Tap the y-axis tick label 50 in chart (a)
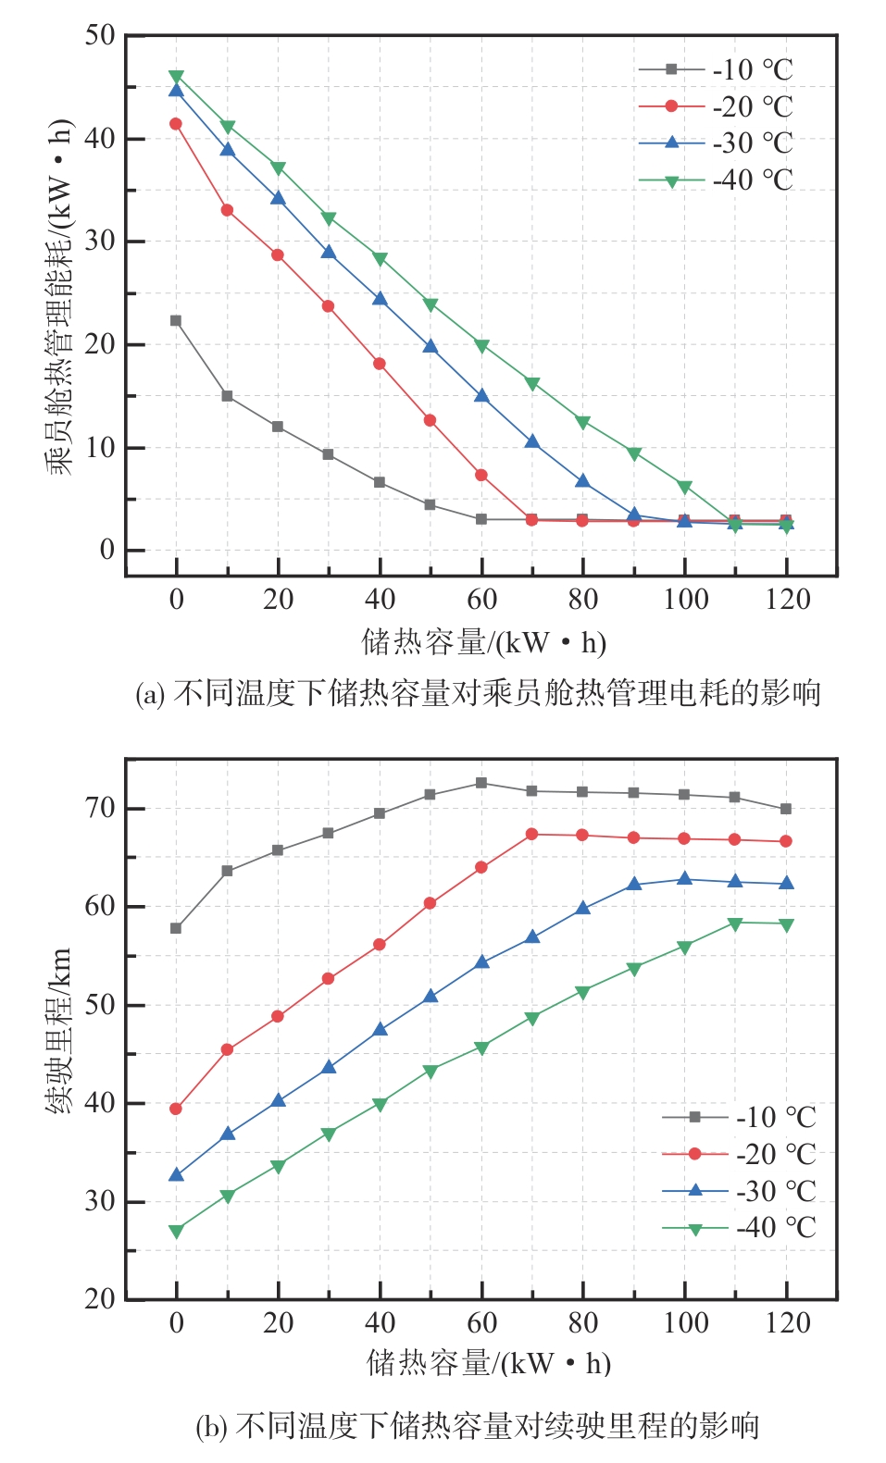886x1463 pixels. click(100, 36)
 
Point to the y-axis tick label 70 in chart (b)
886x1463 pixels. click(100, 808)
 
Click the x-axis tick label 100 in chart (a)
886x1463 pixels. click(685, 600)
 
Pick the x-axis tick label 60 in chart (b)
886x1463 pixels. click(481, 1322)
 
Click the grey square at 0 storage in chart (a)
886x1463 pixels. click(176, 321)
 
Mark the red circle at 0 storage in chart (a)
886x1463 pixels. click(176, 124)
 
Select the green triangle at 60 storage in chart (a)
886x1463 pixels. click(481, 345)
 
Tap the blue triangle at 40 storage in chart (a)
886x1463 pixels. click(380, 299)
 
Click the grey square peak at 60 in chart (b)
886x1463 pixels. click(481, 783)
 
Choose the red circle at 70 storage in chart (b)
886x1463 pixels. click(531, 834)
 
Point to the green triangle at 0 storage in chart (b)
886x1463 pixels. click(176, 1231)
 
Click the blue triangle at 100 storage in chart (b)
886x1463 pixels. click(685, 878)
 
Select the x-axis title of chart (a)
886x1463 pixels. click(483, 641)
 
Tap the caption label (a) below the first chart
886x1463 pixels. click(149, 694)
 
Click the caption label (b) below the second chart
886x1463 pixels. click(211, 1426)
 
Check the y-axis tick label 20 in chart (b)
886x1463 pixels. click(100, 1299)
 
